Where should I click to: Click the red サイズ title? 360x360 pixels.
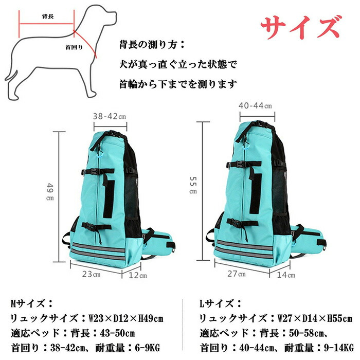point(301,27)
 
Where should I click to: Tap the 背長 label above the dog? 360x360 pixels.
point(48,16)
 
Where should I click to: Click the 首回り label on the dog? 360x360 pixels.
point(74,47)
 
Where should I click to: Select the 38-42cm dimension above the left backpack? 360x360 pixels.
point(109,116)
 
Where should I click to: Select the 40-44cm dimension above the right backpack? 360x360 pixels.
point(255,105)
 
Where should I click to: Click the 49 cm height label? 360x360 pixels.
point(50,192)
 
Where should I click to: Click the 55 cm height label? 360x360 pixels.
point(193,185)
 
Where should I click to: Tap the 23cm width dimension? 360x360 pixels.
point(91,274)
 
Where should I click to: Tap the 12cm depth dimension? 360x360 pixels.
point(137,275)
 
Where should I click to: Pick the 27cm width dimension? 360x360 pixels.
point(236,274)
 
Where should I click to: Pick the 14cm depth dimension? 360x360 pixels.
point(286,275)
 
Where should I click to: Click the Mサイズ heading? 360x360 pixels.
point(31,304)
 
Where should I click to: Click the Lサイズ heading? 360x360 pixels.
point(220,304)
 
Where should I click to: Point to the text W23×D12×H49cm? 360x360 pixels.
point(126,318)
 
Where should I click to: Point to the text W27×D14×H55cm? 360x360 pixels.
point(315,318)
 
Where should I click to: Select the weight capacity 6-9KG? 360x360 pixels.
point(147,348)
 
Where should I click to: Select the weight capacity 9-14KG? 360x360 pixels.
point(338,348)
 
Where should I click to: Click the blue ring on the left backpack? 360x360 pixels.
point(100,156)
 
